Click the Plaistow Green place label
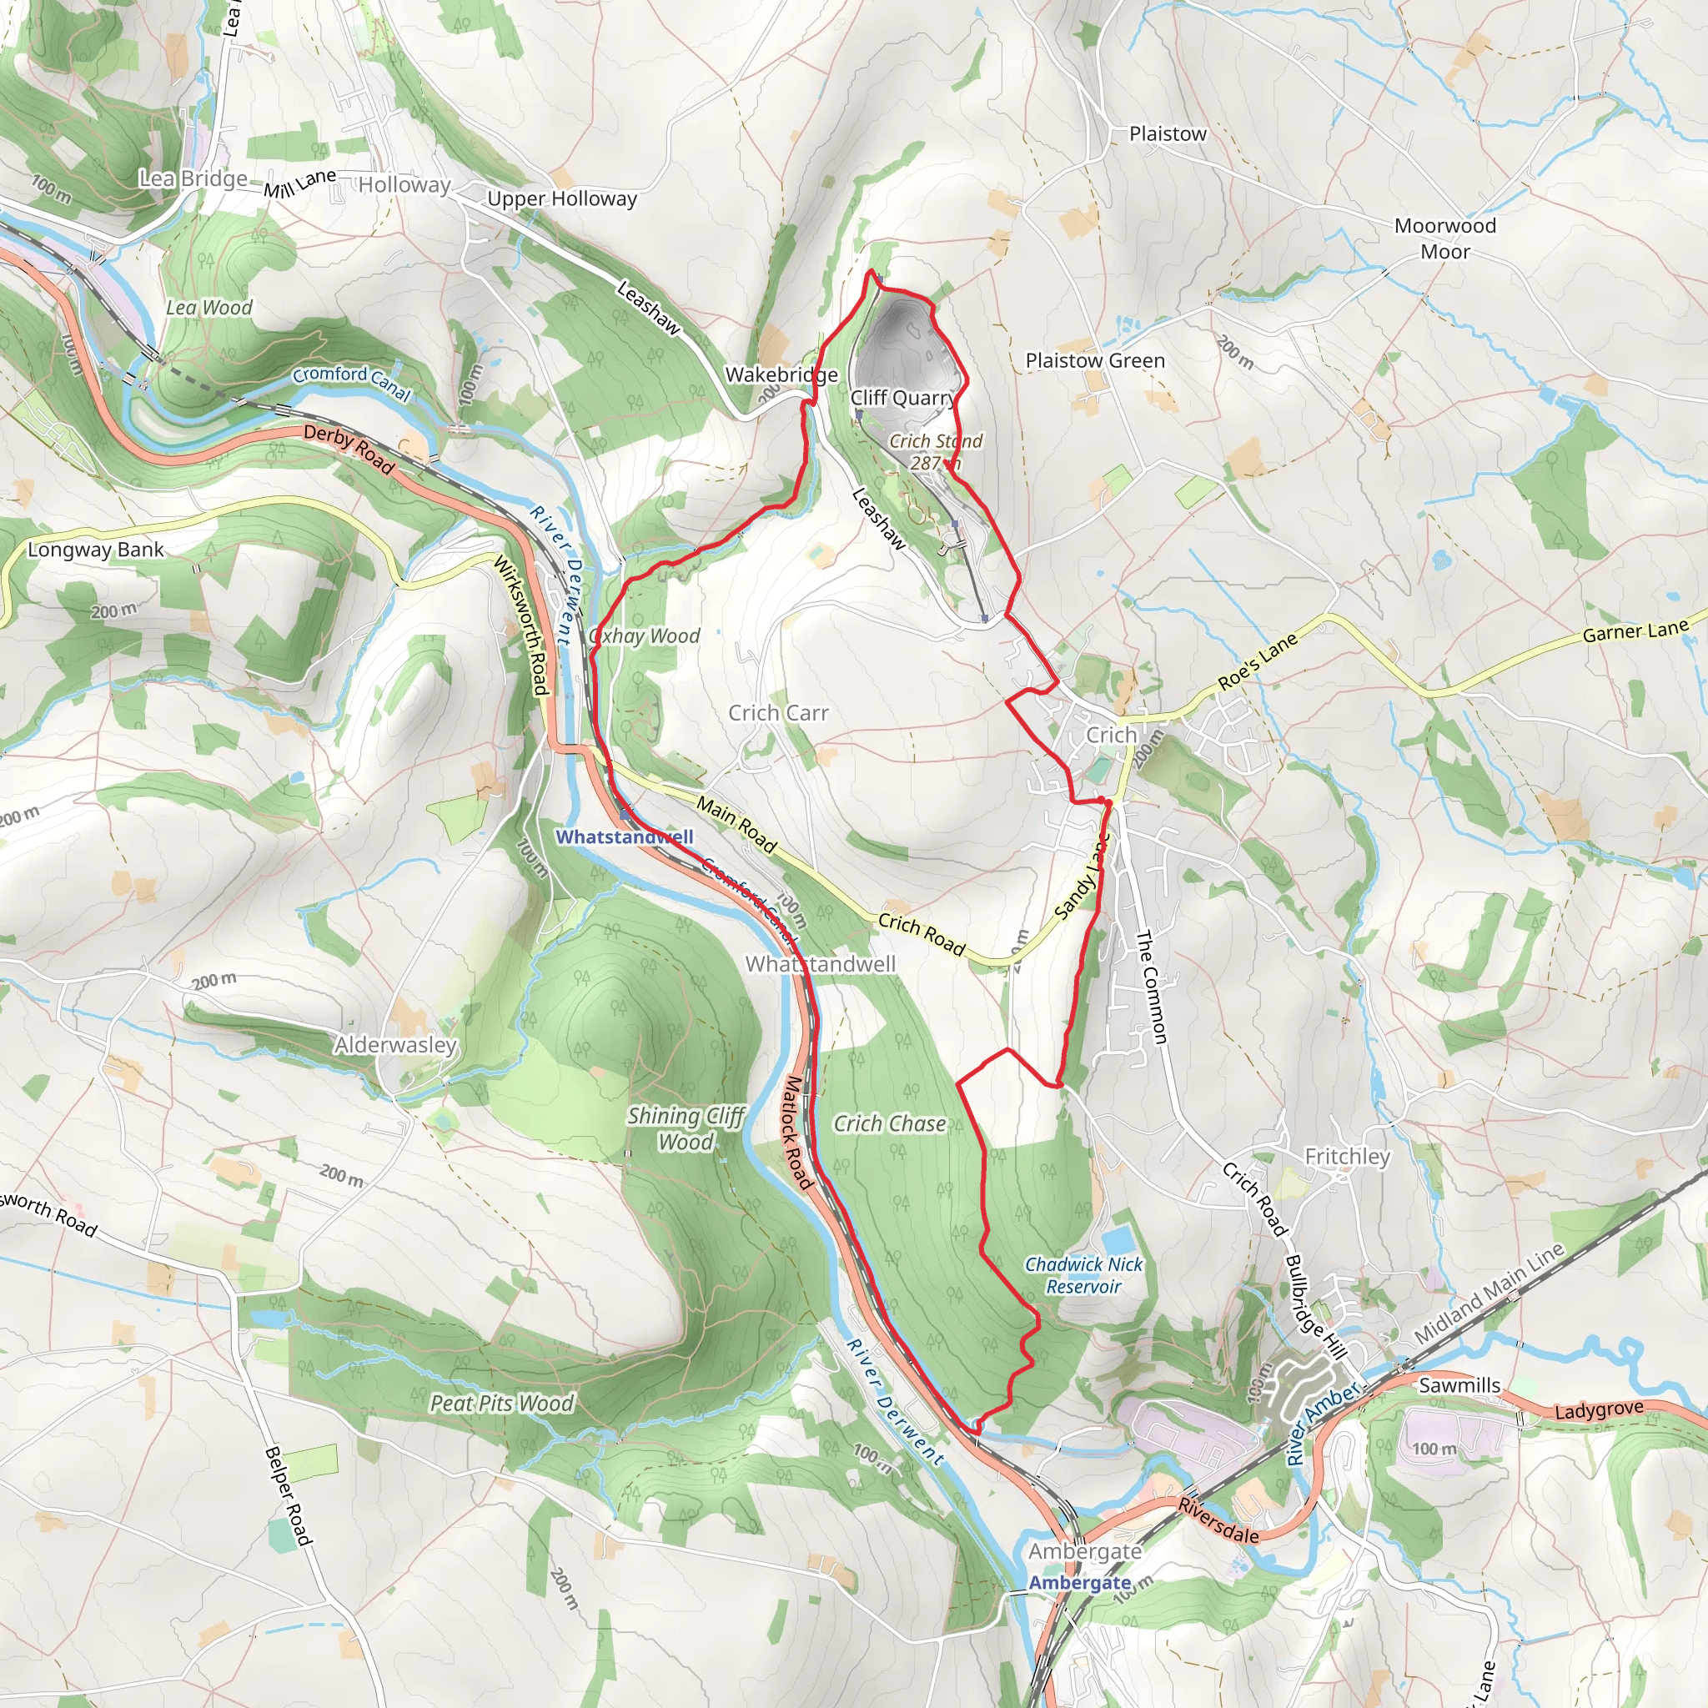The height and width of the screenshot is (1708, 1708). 1094,360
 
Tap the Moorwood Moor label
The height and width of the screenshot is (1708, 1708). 1444,239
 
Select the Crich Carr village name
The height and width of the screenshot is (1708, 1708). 778,712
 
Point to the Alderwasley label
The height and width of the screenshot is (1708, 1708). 395,1045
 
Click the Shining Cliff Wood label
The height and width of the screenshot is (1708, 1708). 686,1129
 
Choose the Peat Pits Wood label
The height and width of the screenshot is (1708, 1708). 501,1403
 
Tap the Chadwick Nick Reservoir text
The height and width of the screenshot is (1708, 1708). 1083,1276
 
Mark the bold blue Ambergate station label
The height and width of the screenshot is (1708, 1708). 1079,1582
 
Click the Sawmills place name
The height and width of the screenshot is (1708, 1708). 1459,1385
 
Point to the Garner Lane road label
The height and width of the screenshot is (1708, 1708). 1635,631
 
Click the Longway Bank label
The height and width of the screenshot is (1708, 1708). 95,550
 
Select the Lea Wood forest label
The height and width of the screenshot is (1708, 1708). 208,308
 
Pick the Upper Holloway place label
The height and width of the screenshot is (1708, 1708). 561,199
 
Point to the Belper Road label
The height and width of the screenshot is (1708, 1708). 289,1496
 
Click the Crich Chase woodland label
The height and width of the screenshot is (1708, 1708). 889,1123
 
